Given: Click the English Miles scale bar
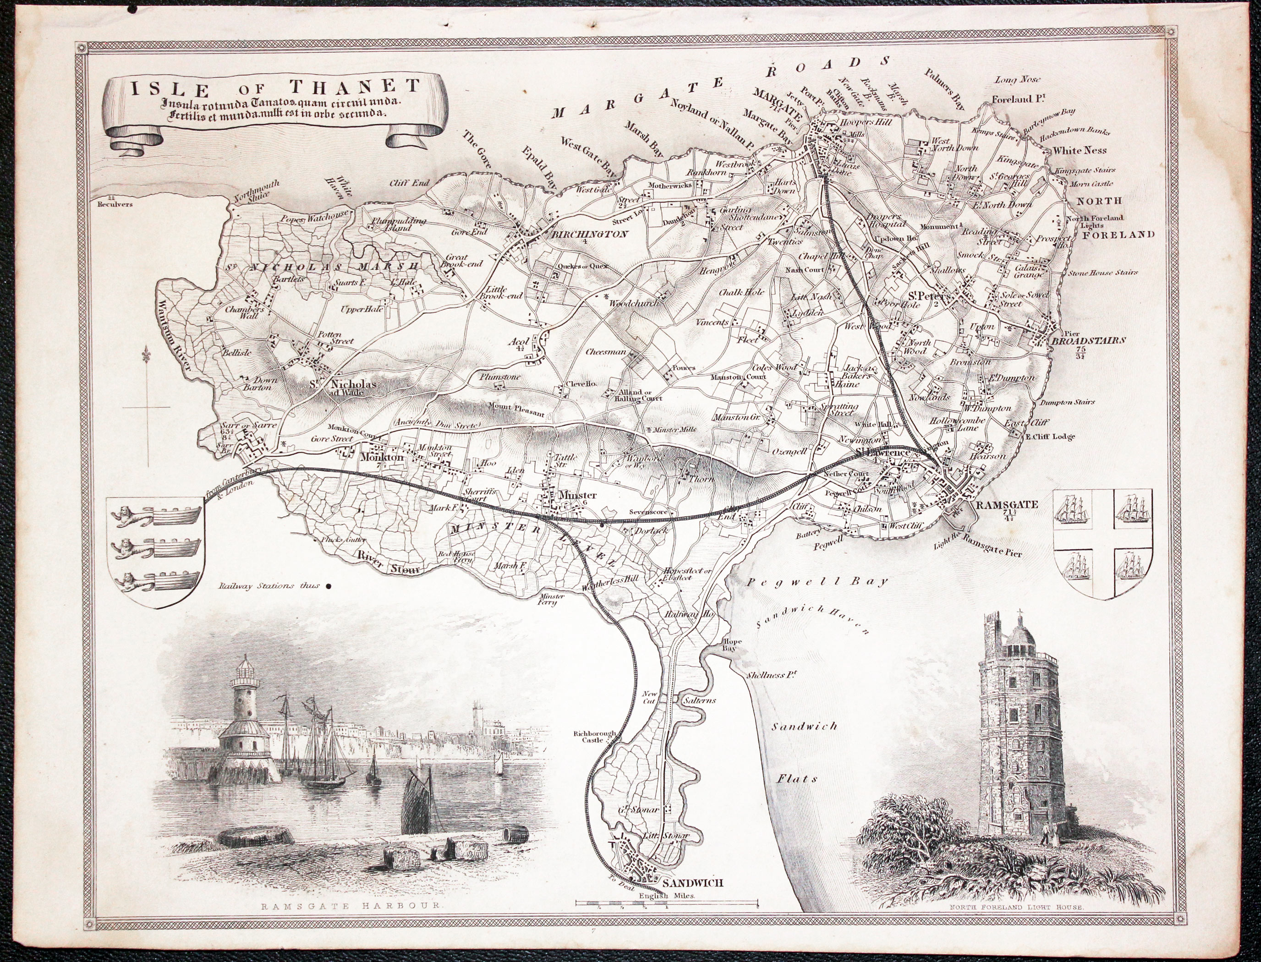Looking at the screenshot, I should coord(667,904).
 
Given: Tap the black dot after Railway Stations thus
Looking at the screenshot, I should coord(329,586).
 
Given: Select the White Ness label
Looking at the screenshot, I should coord(1080,151).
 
